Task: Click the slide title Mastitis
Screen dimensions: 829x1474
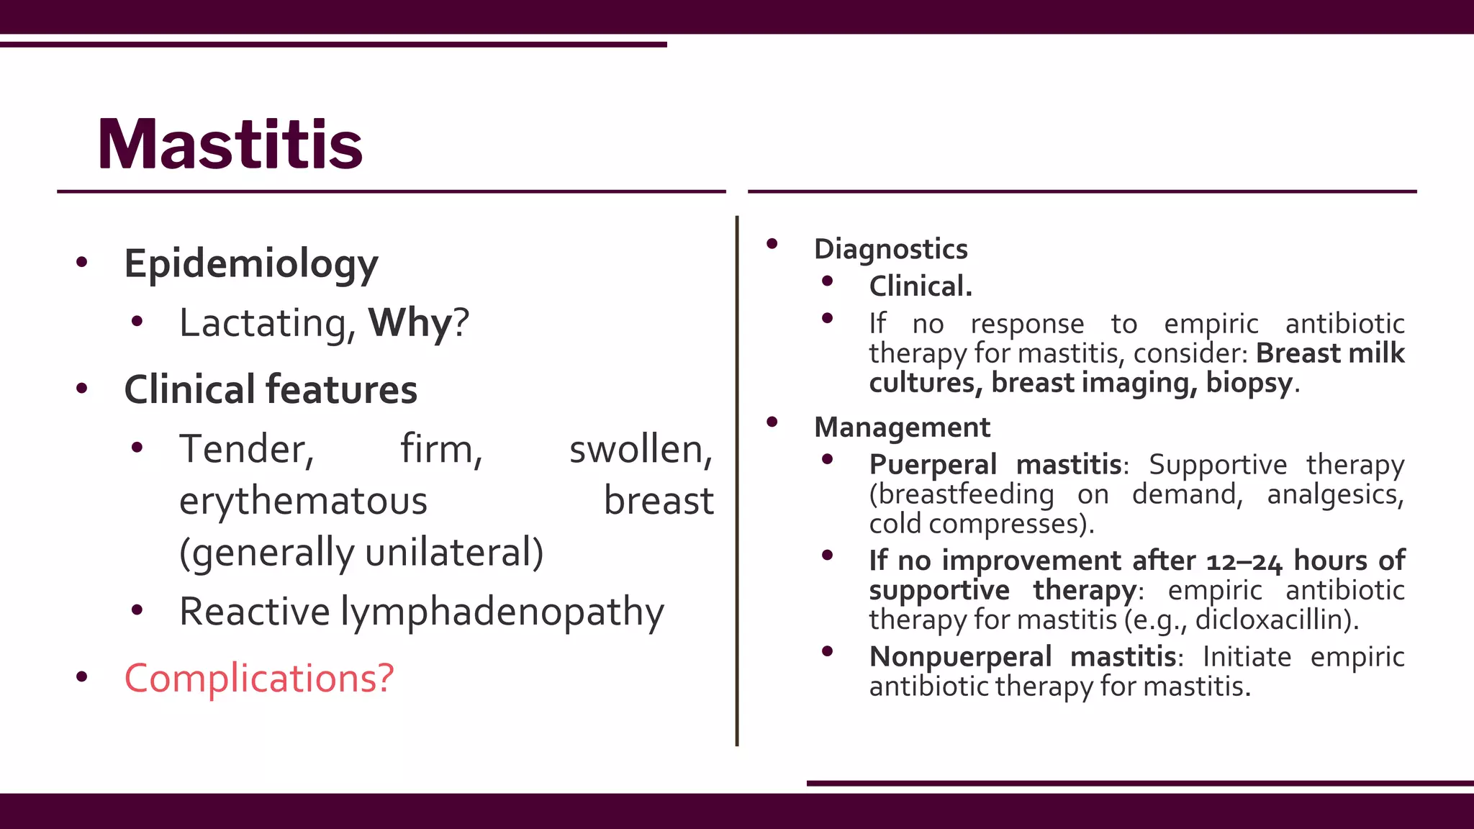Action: (230, 145)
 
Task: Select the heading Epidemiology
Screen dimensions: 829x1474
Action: (250, 264)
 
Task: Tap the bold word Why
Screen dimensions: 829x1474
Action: (409, 322)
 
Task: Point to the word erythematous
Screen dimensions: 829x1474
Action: (303, 501)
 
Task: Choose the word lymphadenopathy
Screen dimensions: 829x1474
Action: (502, 612)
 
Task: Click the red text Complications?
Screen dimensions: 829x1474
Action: (259, 678)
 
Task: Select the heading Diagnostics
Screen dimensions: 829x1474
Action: (890, 249)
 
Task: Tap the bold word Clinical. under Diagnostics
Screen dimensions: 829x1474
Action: (921, 286)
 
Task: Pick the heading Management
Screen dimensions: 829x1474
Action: (902, 427)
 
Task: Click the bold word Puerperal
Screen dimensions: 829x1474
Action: (932, 465)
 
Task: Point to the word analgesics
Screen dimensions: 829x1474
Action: (1335, 494)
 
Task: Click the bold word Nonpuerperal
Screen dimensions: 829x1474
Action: (960, 657)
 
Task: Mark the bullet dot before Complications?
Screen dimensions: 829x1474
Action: (82, 676)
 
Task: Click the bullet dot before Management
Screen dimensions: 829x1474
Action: (772, 422)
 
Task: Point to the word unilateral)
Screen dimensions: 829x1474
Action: (454, 553)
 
